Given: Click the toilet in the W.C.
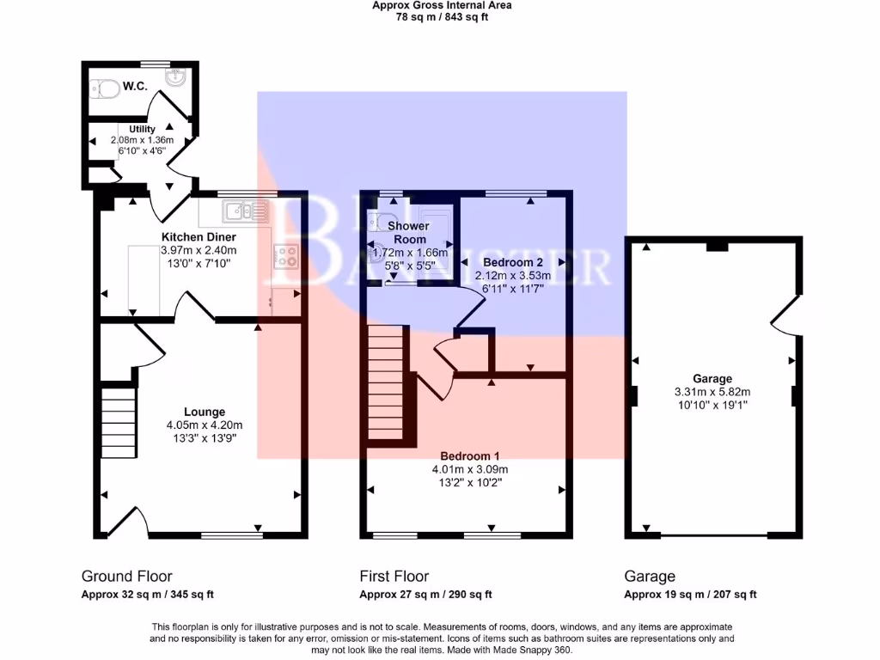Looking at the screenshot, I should click(105, 88).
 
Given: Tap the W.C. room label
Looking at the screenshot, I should click(135, 86).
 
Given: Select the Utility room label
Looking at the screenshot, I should click(142, 129).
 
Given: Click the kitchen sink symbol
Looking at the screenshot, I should click(243, 211).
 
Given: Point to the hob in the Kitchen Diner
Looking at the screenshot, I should click(286, 255).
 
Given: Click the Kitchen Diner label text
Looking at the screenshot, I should click(199, 236).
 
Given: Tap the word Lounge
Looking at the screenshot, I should click(204, 412).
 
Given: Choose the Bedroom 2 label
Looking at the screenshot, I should click(512, 261).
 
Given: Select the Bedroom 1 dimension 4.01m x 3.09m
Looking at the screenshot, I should click(470, 469).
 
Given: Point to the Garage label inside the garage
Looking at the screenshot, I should click(712, 378).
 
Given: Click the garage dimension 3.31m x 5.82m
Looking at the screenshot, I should click(712, 392).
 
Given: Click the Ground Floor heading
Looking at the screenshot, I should click(126, 577).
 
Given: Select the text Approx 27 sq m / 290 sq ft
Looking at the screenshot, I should click(425, 595).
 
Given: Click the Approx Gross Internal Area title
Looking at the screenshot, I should click(441, 5).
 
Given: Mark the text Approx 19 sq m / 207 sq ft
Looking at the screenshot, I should click(690, 595).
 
